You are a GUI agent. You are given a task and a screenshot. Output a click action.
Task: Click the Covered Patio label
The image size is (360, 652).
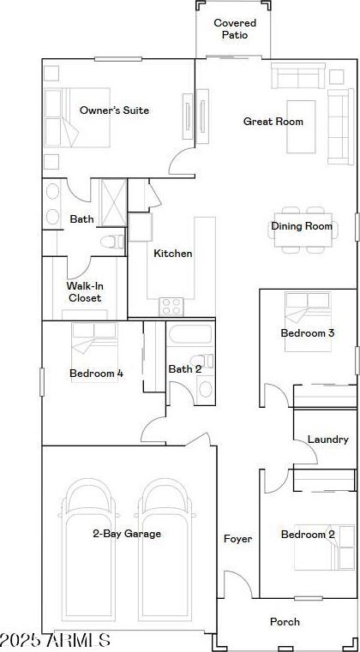click(x=235, y=28)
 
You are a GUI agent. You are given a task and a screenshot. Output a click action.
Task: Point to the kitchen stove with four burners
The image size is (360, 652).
click(x=171, y=307)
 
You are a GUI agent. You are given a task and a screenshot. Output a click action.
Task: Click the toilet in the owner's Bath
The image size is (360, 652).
click(x=112, y=242)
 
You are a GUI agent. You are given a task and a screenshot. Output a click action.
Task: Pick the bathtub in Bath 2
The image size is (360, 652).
click(x=190, y=334)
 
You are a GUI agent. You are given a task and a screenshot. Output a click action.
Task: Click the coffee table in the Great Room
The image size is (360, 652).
click(x=301, y=127)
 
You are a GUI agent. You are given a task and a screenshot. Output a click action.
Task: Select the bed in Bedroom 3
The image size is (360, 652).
click(x=308, y=321)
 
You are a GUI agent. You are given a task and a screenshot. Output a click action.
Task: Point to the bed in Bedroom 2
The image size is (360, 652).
click(x=319, y=547)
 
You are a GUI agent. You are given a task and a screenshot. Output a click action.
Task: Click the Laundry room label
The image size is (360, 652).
click(x=328, y=440)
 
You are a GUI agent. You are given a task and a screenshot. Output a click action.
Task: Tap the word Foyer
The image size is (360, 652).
click(x=237, y=539)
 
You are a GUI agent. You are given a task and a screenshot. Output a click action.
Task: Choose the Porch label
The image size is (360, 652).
click(x=285, y=622)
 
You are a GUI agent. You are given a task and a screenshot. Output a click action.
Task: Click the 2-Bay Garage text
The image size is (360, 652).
click(x=127, y=534)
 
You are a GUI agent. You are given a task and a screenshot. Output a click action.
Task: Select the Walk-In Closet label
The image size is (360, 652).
click(x=85, y=292)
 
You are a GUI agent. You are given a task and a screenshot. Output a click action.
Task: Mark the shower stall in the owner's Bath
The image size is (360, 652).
click(x=114, y=203)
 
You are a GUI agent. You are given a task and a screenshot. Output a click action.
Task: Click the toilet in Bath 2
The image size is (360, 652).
click(x=201, y=361)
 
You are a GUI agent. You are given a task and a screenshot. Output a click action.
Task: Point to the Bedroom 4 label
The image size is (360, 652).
click(x=96, y=374)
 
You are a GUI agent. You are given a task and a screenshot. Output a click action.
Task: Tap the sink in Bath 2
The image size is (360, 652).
click(x=205, y=388)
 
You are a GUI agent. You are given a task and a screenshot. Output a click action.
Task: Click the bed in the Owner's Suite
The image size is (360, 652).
click(x=77, y=117)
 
